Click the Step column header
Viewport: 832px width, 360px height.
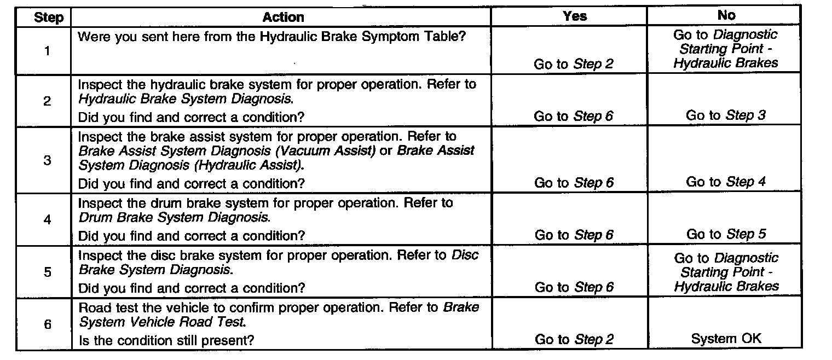49,17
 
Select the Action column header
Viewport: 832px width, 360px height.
283,17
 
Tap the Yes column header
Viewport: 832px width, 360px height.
574,16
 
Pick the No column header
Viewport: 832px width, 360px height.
725,16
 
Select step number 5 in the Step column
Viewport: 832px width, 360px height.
48,272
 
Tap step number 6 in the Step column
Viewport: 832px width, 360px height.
48,324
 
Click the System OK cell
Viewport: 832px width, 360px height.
726,339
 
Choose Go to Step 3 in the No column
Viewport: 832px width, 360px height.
726,115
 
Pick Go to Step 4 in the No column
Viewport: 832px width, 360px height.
726,182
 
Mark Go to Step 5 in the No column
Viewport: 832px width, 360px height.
726,235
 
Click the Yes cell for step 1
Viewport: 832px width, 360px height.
574,64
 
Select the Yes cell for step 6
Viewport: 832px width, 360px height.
574,339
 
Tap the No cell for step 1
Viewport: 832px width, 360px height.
726,49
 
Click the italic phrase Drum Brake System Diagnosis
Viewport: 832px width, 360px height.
174,218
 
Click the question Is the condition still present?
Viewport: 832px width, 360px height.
166,340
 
